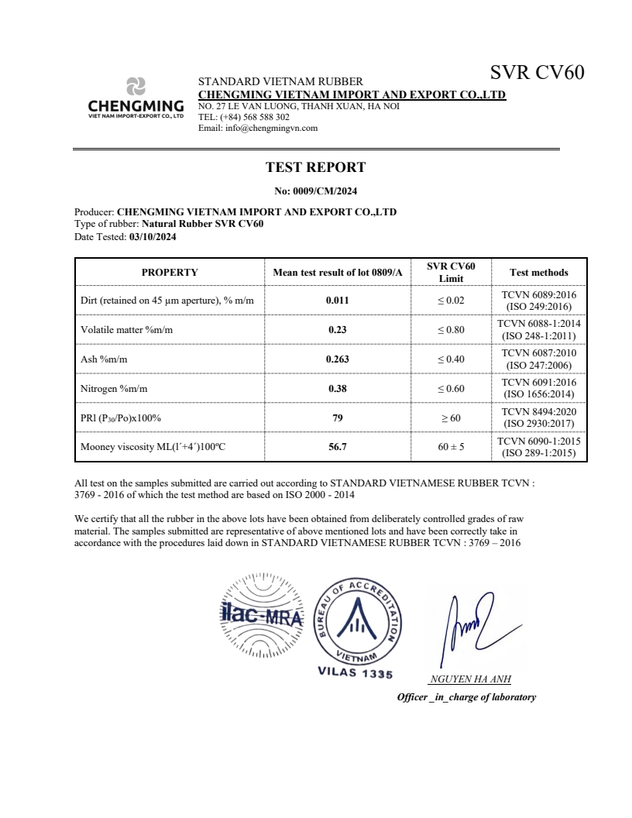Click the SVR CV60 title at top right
tap(537, 73)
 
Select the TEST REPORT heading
tap(315, 167)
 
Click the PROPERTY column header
tap(170, 273)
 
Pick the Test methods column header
tap(538, 273)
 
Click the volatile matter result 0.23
tap(337, 330)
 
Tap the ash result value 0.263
tap(337, 359)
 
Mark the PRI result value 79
tap(337, 418)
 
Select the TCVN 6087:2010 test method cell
tap(538, 359)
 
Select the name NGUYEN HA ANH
tap(469, 680)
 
